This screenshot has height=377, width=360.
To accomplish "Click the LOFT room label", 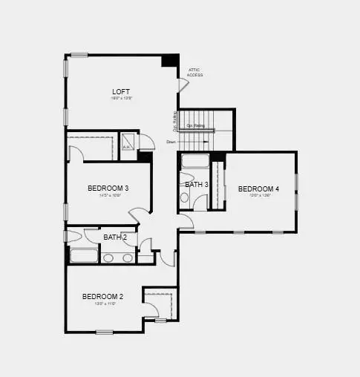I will [121, 91].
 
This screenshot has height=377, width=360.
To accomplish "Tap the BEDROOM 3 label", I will [108, 188].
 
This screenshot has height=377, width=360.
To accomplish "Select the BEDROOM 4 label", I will [258, 189].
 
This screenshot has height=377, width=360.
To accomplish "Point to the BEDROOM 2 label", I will [102, 296].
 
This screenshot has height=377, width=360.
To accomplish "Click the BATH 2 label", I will [115, 237].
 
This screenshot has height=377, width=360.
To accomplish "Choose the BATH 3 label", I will [197, 184].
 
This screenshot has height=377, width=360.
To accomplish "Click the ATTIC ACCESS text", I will [194, 73].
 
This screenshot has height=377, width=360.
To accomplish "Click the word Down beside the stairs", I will [171, 142].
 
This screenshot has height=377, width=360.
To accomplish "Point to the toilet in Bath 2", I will [72, 237].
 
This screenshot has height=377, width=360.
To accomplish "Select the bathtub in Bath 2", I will [84, 257].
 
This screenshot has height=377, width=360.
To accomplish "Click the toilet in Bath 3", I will [185, 197].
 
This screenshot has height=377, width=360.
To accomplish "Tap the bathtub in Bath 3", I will [195, 163].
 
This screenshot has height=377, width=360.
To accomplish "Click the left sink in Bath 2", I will [108, 258].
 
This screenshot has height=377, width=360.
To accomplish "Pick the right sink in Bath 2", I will [127, 258].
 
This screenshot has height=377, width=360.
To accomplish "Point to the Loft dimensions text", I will [121, 99].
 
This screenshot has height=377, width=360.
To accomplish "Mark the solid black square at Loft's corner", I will [170, 60].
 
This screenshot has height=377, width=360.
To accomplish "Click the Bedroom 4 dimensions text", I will [258, 197].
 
